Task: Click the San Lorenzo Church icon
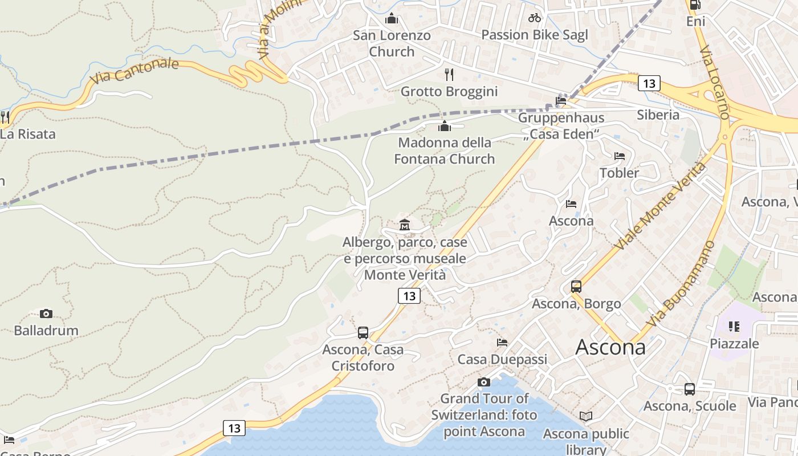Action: click(391, 19)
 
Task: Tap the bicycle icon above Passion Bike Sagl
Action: click(534, 18)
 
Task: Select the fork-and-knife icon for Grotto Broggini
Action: click(449, 74)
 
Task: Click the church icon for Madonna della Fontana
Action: click(445, 126)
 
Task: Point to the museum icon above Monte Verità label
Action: click(405, 225)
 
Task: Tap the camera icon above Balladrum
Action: click(46, 313)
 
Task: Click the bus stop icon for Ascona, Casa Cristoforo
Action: click(363, 333)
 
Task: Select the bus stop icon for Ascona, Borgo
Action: click(576, 286)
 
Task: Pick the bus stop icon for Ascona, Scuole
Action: click(690, 389)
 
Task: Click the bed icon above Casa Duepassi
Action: click(502, 343)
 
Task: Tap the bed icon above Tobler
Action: click(620, 156)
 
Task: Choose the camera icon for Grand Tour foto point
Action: click(484, 382)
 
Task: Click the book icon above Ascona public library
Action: click(586, 417)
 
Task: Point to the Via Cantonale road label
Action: click(135, 71)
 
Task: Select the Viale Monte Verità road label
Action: click(661, 206)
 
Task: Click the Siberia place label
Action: click(658, 115)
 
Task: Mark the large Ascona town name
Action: click(610, 347)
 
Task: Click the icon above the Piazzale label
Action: click(734, 327)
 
